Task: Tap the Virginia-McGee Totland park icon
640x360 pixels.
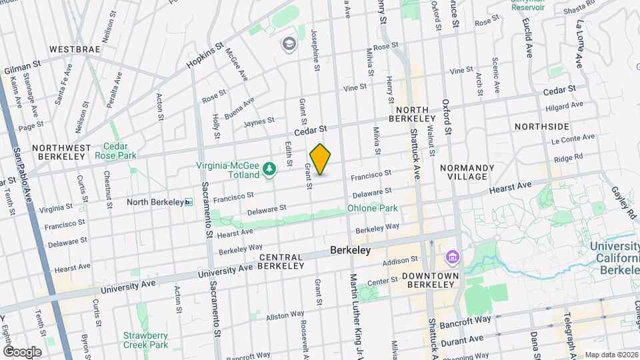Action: point(269,171)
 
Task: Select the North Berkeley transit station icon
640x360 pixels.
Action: point(189,202)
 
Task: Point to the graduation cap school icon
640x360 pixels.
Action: point(289,44)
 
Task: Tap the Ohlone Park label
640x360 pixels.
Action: point(372,208)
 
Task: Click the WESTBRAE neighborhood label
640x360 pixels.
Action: point(74,49)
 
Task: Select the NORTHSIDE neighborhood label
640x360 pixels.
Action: point(542,126)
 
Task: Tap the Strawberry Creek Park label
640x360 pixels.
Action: point(145,340)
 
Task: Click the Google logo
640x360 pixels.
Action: point(22,351)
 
